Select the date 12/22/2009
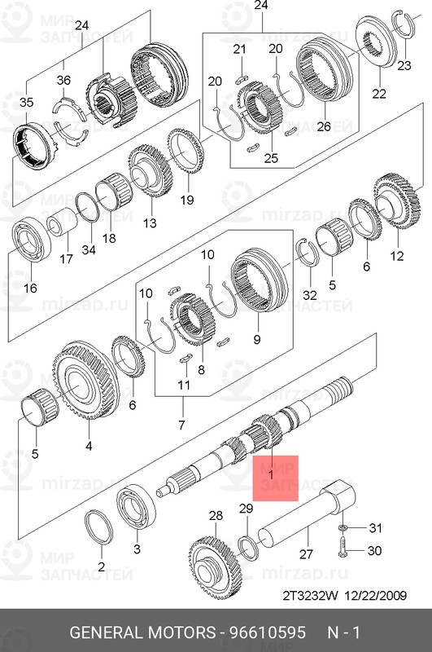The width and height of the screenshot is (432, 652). click(x=375, y=596)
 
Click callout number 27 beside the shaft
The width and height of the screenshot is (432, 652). click(x=306, y=554)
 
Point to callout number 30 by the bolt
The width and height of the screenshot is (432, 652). click(x=374, y=551)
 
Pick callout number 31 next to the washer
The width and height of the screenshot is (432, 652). click(x=375, y=528)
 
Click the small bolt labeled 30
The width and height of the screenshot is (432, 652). click(x=343, y=546)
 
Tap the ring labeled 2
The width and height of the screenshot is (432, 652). click(x=99, y=527)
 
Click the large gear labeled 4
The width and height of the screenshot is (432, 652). click(x=85, y=381)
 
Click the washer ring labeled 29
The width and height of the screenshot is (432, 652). click(x=250, y=548)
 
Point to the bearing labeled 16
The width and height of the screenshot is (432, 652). click(x=31, y=240)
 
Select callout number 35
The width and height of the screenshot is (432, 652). click(x=26, y=102)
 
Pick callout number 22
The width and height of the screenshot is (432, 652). click(x=379, y=94)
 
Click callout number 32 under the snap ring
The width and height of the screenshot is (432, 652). click(x=310, y=295)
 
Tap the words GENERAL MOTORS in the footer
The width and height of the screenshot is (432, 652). click(x=142, y=632)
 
